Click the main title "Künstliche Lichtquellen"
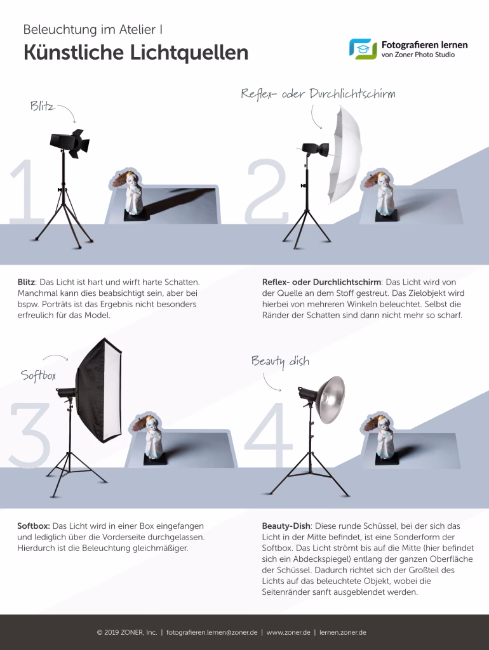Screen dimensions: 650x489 pos(135,53)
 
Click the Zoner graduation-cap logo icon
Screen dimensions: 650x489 pos(363,49)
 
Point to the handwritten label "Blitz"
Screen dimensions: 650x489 pos(42,107)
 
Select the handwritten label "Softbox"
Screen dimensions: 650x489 pos(39,376)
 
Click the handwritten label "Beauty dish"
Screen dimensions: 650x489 pos(280,361)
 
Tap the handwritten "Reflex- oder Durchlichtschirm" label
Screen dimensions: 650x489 pos(318,94)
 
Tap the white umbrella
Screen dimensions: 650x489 pos(344,156)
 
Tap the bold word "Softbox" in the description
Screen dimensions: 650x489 pos(33,526)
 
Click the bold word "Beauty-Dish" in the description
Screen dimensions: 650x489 pos(285,526)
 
